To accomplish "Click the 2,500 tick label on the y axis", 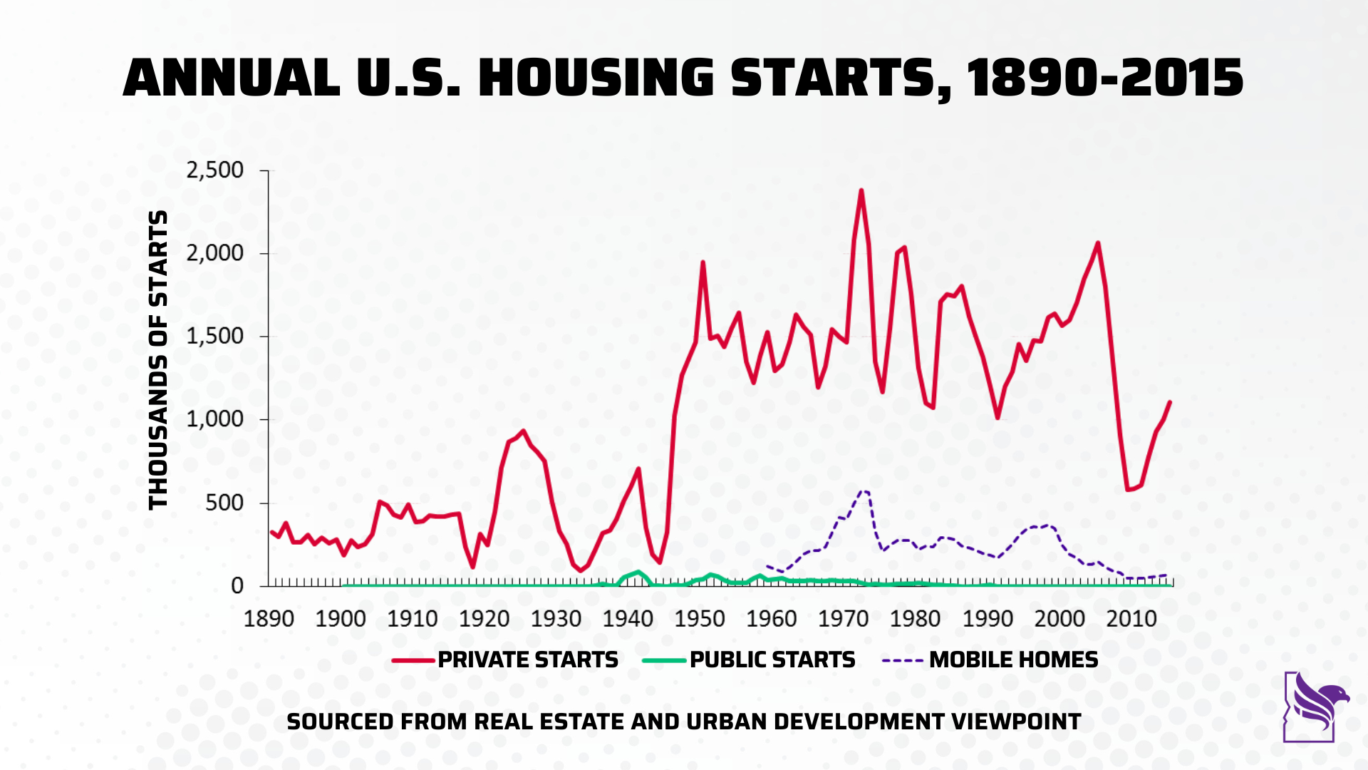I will (214, 170).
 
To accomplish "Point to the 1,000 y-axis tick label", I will (214, 419).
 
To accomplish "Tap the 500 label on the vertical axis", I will (224, 503).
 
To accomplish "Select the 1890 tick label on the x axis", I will (269, 618).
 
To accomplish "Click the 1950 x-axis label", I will (700, 618).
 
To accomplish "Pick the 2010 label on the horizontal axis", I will (1131, 618).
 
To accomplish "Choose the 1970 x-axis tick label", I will (844, 618).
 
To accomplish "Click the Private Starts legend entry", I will (527, 659).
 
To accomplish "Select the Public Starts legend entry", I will (772, 659).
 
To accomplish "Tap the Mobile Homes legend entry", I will (1013, 659).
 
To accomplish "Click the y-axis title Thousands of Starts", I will (158, 360).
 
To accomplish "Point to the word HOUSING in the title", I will (596, 78).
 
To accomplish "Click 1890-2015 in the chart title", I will (1105, 78).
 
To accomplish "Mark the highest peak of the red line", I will (861, 190).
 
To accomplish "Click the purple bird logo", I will (1315, 707).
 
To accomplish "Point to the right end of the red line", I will (1170, 402).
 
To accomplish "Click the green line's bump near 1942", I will (638, 572).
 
